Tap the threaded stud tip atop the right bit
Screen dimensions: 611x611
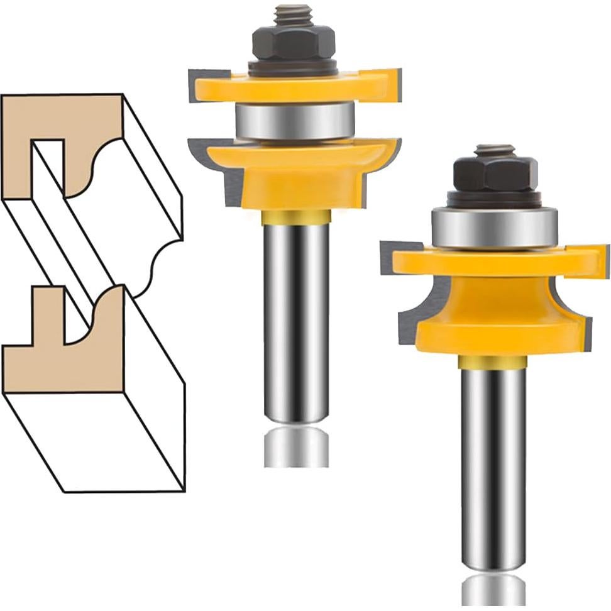pos(495,151)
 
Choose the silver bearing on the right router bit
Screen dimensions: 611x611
pos(495,228)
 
